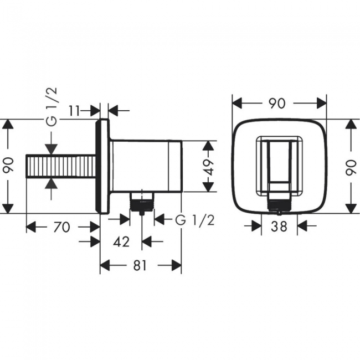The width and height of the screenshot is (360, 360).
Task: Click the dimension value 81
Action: tap(140, 266)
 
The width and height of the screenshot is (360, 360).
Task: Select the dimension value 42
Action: tap(121, 241)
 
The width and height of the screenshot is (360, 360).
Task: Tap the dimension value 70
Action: tap(61, 227)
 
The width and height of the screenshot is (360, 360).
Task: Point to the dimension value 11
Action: tap(74, 111)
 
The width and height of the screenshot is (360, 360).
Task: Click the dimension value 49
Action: tap(209, 167)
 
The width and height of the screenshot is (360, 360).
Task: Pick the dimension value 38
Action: tap(279, 226)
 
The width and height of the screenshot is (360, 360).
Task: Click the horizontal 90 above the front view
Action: tap(277, 104)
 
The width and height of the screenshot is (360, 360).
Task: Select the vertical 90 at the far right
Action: tap(351, 168)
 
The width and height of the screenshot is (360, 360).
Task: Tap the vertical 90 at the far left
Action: tap(8, 164)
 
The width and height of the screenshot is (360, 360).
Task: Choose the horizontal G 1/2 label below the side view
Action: tap(195, 220)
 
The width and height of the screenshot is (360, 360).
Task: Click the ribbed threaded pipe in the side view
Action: tap(61, 166)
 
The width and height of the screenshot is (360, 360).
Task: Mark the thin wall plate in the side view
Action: tap(102, 167)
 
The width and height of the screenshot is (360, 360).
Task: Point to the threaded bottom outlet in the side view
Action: tap(142, 202)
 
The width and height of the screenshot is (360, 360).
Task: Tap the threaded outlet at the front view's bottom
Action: tap(279, 204)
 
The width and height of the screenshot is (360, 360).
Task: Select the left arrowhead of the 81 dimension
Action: tap(105, 266)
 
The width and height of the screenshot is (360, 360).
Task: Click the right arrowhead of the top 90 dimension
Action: tap(321, 103)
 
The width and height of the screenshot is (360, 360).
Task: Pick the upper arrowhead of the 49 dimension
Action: tap(208, 146)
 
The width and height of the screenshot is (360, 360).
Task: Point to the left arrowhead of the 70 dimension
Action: tap(31, 227)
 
